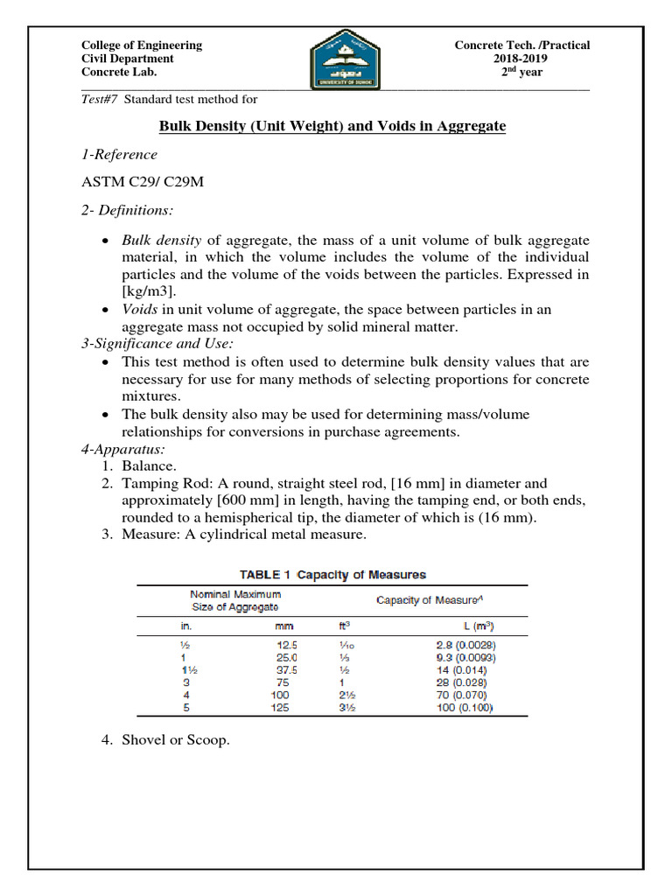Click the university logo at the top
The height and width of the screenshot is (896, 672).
point(345,59)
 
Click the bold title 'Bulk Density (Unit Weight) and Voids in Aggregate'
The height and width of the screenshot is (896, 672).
point(332,126)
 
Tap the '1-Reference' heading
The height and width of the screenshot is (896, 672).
point(119,155)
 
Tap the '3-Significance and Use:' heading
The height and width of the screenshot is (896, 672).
point(150,344)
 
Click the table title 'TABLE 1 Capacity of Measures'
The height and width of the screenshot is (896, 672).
point(332,575)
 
